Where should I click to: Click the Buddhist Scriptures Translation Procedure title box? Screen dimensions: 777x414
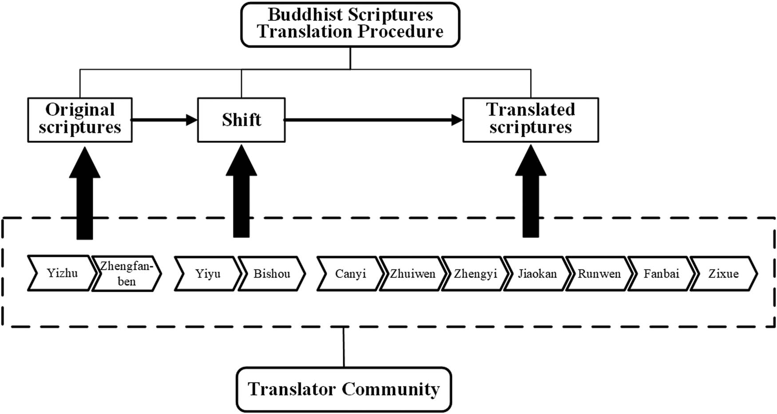pos(350,24)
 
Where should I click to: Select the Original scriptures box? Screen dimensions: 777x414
pos(80,120)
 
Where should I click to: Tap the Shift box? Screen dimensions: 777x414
pos(241,120)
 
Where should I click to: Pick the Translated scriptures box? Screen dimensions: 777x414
pos(531,120)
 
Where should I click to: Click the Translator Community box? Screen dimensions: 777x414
pos(344,389)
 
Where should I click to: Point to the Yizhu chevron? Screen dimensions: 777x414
pos(62,273)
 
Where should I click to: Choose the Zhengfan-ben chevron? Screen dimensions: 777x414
pos(127,273)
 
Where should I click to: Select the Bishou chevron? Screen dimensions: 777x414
pos(272,273)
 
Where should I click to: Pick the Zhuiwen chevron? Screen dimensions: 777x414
pos(412,273)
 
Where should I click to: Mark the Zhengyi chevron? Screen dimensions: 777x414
pos(475,273)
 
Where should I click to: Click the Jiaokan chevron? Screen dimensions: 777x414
pos(537,273)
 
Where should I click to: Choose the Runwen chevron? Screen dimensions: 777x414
pos(599,273)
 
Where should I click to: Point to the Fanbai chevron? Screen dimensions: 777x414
pos(661,273)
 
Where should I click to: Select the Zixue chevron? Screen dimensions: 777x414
pos(723,273)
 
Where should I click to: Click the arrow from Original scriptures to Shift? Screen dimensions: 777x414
pos(165,120)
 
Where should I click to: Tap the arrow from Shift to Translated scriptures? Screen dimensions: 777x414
pos(374,120)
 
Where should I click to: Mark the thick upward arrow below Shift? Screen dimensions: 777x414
pos(241,191)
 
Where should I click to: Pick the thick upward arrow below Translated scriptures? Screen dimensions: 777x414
pos(531,191)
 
